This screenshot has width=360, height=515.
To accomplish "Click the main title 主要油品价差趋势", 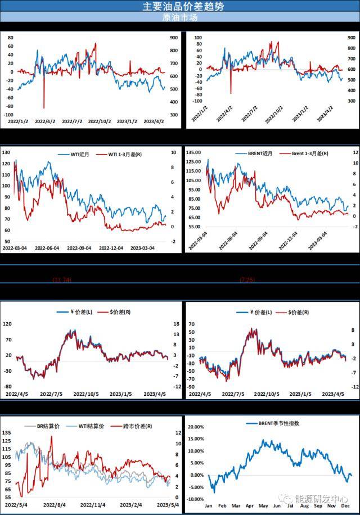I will (179, 6).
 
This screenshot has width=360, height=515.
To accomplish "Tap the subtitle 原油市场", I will (179, 17).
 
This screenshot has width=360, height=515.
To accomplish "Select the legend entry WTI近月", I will (74, 153).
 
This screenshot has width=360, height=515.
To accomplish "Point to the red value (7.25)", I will (247, 279).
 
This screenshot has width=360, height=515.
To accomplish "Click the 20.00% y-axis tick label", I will (195, 427).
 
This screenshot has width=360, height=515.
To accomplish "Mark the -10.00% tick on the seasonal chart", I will (194, 499).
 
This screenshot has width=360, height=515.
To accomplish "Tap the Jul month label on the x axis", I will (290, 505).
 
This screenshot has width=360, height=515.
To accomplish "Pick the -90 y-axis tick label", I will (191, 387).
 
